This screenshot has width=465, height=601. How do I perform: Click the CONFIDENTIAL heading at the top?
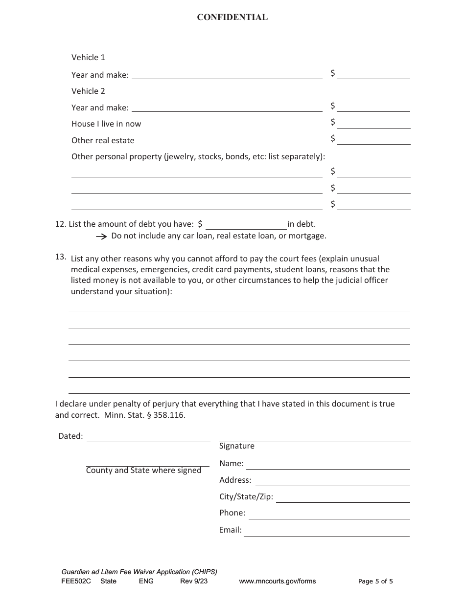(232, 18)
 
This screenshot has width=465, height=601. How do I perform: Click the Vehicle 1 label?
(88, 58)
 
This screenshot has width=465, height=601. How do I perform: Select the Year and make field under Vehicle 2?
(227, 107)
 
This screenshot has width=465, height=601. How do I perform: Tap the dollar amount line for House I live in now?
(373, 124)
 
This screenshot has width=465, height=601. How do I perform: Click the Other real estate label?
(103, 141)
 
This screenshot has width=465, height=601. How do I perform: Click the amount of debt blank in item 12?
(246, 225)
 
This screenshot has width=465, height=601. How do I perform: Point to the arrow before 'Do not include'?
(101, 236)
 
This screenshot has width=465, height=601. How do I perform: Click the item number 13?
(60, 257)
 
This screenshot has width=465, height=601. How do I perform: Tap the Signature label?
(237, 446)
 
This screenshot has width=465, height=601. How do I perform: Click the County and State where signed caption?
(144, 471)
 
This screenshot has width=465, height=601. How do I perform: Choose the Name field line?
(327, 464)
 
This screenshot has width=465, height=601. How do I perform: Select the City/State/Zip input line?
(343, 497)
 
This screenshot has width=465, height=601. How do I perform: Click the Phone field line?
(329, 514)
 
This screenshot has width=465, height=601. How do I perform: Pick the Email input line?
(326, 531)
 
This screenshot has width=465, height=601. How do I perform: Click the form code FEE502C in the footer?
(76, 581)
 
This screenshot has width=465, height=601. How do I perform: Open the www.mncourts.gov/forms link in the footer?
(277, 581)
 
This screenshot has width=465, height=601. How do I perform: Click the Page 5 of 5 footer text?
(375, 581)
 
